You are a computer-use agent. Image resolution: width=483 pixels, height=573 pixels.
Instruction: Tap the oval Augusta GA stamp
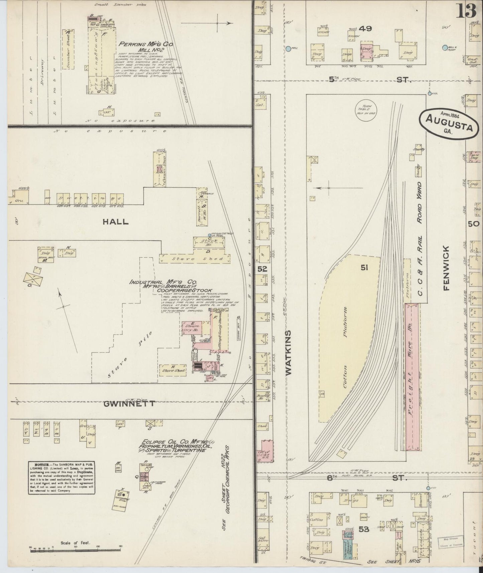click(451, 122)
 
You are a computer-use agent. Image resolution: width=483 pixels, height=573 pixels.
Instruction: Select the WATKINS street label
click(288, 352)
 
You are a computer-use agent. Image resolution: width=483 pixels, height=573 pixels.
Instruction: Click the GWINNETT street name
click(129, 404)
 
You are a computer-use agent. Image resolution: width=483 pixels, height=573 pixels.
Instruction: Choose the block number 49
click(366, 29)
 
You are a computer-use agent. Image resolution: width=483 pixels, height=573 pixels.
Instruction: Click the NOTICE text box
click(63, 478)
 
